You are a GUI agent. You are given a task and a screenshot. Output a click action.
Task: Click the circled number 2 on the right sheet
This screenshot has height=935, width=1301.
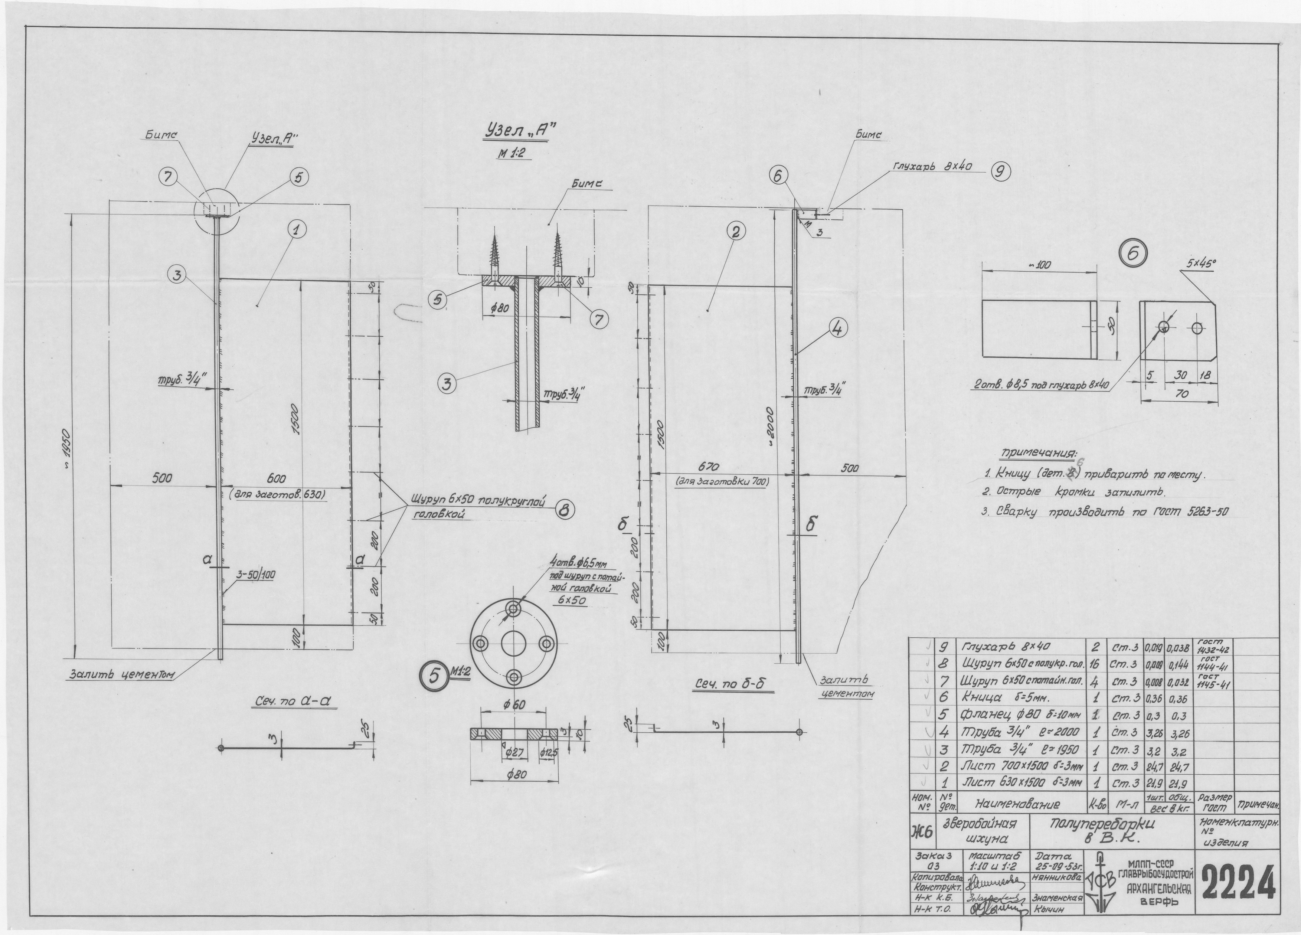click(735, 231)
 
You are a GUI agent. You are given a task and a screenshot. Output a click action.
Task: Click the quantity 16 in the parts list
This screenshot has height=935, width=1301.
click(1096, 664)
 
